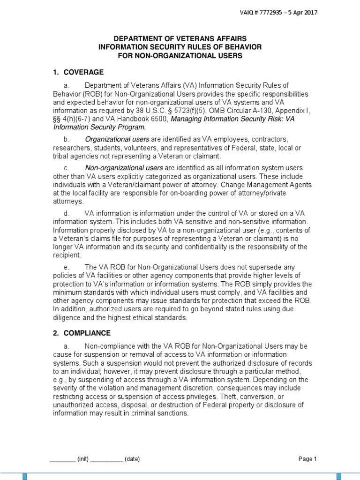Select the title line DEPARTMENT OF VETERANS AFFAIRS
(x=180, y=38)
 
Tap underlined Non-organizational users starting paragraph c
(x=124, y=168)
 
